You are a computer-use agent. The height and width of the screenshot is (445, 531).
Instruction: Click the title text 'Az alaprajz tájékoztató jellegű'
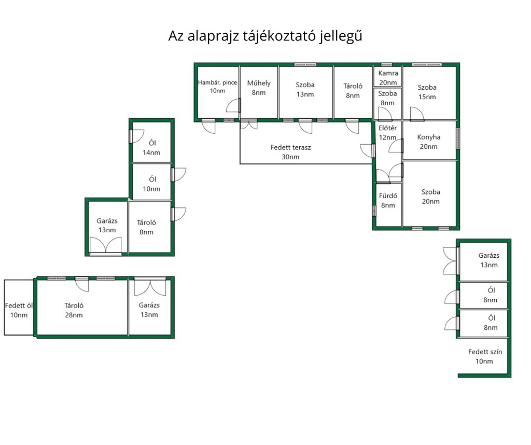click(x=264, y=36)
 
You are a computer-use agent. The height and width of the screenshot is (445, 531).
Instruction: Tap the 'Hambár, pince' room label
click(x=217, y=83)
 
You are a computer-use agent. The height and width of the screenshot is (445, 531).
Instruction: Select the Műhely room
click(x=259, y=88)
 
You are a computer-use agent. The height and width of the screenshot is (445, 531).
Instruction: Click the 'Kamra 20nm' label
click(x=388, y=78)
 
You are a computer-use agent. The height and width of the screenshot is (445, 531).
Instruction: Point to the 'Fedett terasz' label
click(x=291, y=147)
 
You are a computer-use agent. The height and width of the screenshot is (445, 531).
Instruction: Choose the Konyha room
click(x=429, y=142)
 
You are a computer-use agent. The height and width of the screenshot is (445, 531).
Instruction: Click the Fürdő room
click(x=388, y=201)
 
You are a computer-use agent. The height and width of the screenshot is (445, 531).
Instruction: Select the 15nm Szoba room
click(x=427, y=92)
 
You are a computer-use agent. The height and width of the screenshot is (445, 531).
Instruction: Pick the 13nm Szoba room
click(x=305, y=89)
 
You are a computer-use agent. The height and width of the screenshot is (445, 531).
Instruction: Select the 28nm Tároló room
click(x=74, y=310)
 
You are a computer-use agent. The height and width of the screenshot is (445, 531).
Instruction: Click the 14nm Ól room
click(x=152, y=147)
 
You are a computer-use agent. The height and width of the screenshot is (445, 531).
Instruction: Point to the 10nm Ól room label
click(x=152, y=184)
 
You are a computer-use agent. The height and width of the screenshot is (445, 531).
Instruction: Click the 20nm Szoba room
click(x=430, y=197)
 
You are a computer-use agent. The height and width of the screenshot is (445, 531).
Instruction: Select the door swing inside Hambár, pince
click(x=233, y=106)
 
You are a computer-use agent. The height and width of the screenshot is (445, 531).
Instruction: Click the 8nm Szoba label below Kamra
click(x=387, y=98)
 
